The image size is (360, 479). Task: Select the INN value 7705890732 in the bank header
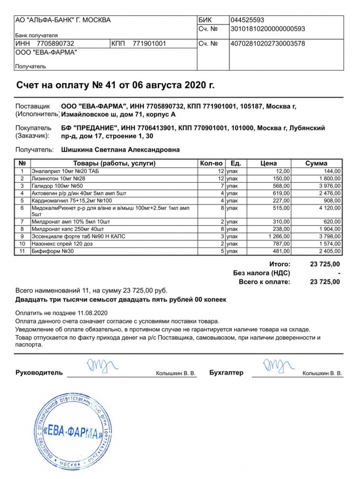55,43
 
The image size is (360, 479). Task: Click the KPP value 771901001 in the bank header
149,43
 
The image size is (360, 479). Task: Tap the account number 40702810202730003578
268,43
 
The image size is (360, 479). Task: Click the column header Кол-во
211,163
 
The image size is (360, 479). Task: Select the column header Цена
268,163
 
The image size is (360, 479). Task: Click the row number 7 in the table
22,221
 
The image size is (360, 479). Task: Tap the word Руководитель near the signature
39,373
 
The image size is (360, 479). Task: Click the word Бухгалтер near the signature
226,373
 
